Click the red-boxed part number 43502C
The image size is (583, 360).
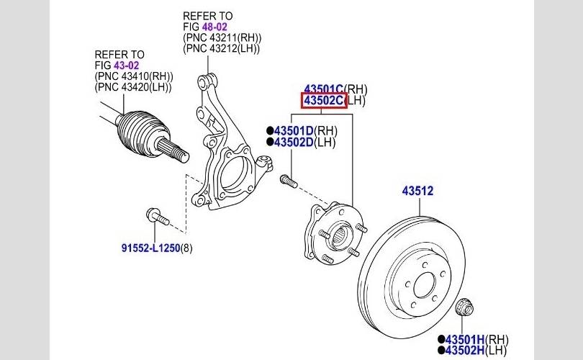324,101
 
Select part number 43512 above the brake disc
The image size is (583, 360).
417,192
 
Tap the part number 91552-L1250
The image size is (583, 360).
149,248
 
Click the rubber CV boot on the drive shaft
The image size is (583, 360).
140,132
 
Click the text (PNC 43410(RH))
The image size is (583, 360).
134,76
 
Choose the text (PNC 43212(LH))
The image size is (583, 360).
222,48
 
